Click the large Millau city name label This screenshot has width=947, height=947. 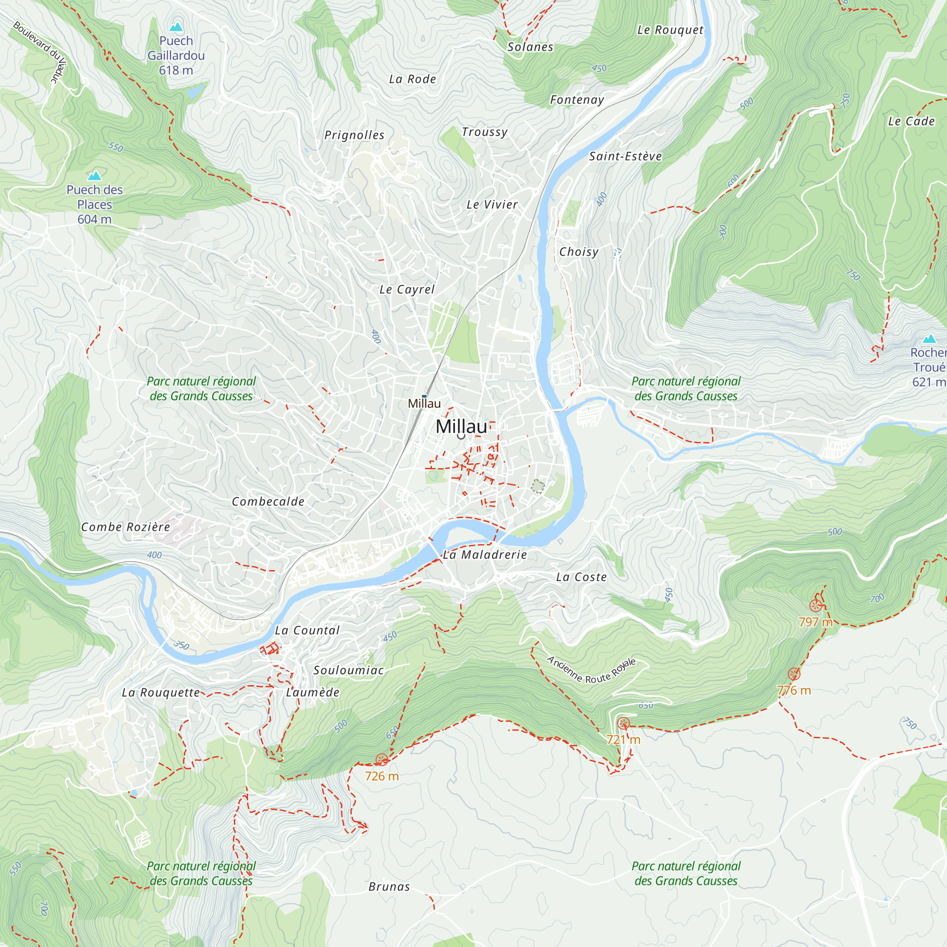point(461,427)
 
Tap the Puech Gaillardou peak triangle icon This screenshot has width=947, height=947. point(176,27)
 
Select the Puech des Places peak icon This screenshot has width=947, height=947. point(94,176)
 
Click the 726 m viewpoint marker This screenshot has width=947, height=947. point(381,760)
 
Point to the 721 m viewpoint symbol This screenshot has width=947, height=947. point(623,723)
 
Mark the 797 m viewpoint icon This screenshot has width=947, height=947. point(815,606)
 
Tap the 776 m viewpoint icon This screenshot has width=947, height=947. point(794,674)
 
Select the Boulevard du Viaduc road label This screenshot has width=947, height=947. point(41,52)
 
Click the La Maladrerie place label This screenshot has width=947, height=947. point(484,554)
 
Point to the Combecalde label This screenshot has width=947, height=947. point(268,501)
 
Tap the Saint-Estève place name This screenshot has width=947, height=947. point(625,156)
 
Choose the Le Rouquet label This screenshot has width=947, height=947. point(670,30)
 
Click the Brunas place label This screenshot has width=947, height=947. point(389,887)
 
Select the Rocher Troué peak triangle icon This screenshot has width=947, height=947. point(929,339)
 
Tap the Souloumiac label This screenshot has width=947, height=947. point(348,670)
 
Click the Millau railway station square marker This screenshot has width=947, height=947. point(424,396)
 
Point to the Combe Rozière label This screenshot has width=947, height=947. point(125,527)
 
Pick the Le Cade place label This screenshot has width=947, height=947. point(911,121)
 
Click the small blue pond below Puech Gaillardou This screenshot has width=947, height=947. point(195,91)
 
